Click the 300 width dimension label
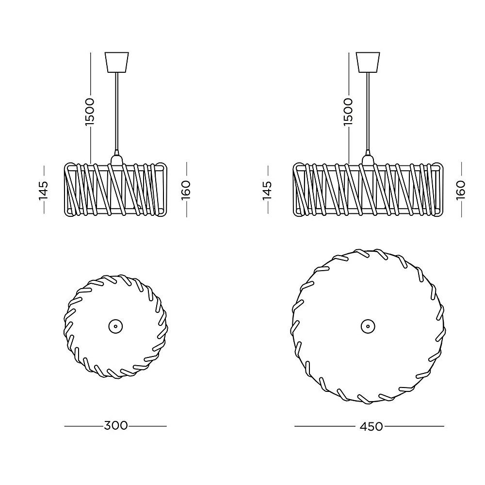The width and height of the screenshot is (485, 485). click(x=116, y=426)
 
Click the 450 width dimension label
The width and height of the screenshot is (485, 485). click(x=371, y=427)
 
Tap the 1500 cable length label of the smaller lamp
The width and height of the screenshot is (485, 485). click(x=90, y=112)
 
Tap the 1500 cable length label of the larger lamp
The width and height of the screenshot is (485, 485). click(x=348, y=112)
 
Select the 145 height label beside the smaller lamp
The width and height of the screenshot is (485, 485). click(x=43, y=191)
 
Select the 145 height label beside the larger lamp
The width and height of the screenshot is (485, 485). click(x=267, y=191)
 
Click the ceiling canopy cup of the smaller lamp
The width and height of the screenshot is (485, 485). click(x=116, y=62)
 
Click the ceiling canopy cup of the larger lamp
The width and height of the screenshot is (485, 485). click(x=368, y=62)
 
